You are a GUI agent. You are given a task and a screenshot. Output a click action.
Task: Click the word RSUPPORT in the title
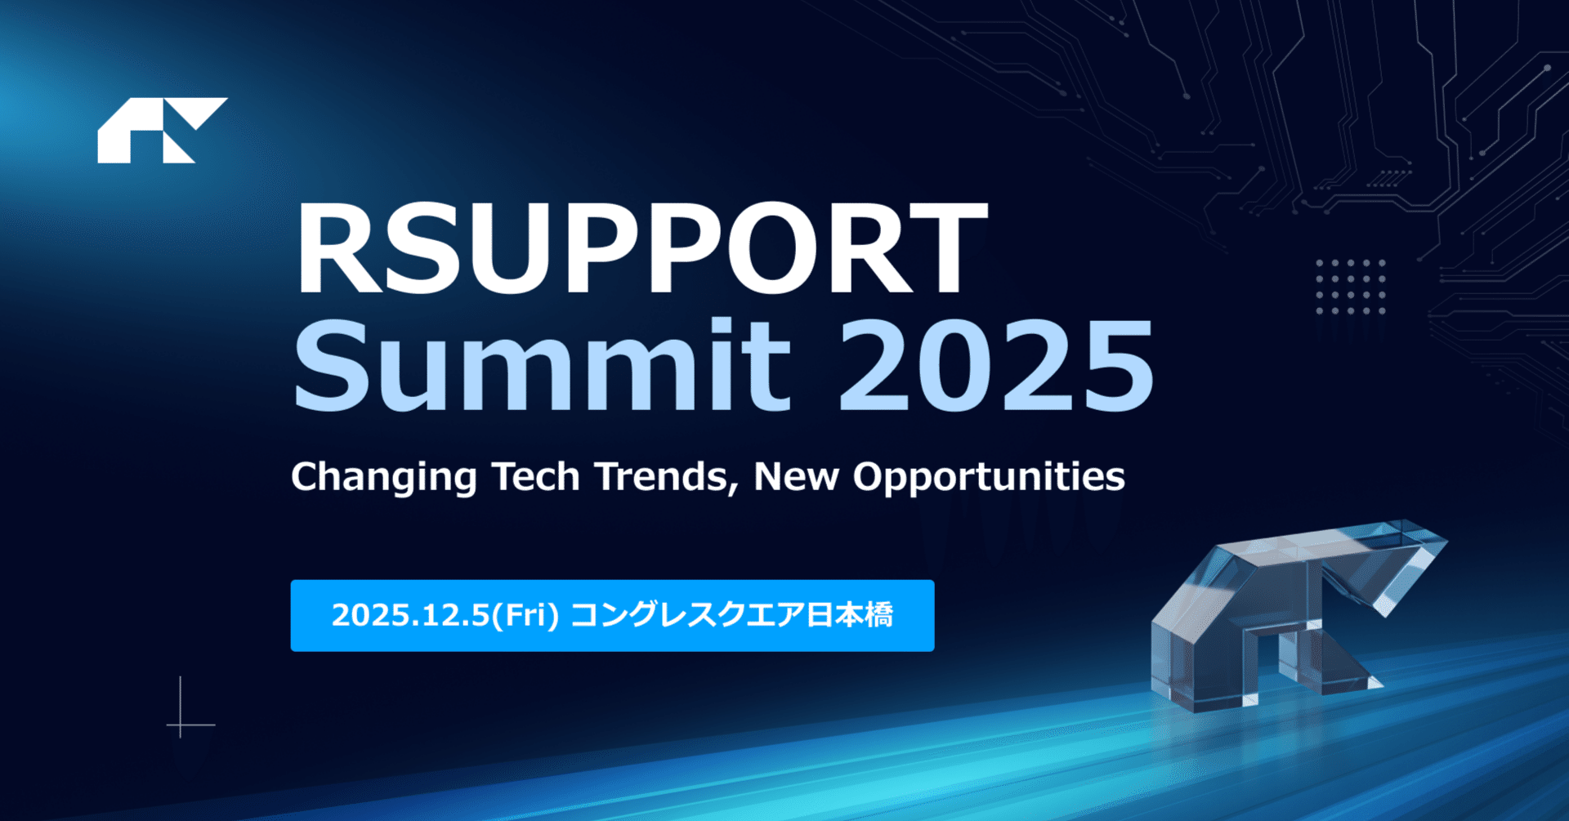641,248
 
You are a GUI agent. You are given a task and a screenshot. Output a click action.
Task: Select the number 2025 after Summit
996,365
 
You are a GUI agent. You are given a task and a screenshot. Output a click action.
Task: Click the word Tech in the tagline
536,475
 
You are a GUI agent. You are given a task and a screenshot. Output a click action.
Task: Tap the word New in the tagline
796,476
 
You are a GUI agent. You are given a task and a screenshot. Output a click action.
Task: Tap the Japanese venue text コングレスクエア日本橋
731,615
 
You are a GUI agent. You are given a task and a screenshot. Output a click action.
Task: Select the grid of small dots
1350,287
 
